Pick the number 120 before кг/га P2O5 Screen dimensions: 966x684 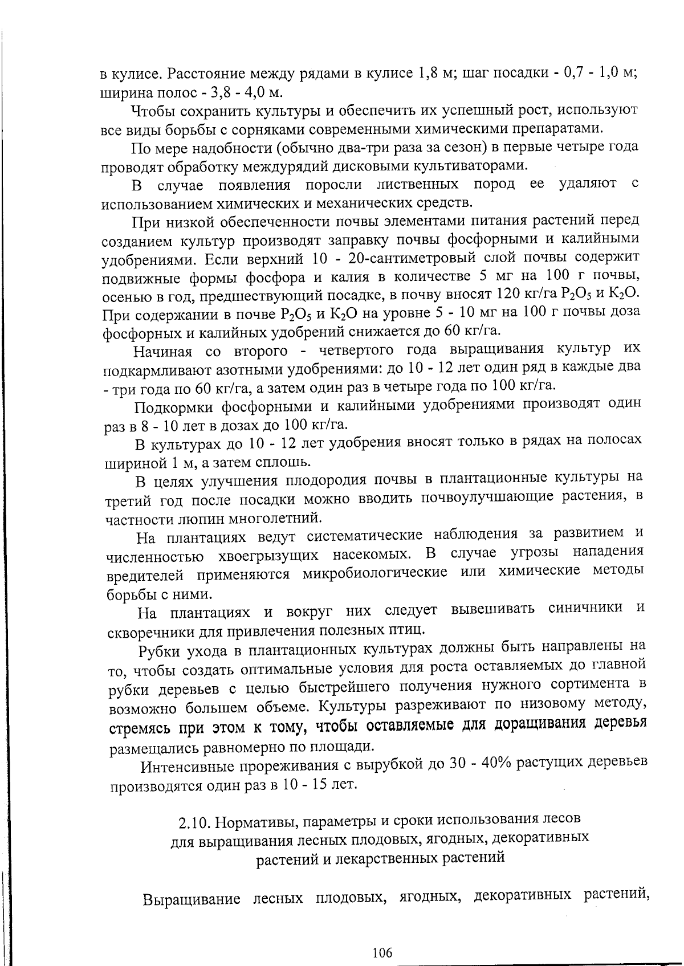click(509, 294)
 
